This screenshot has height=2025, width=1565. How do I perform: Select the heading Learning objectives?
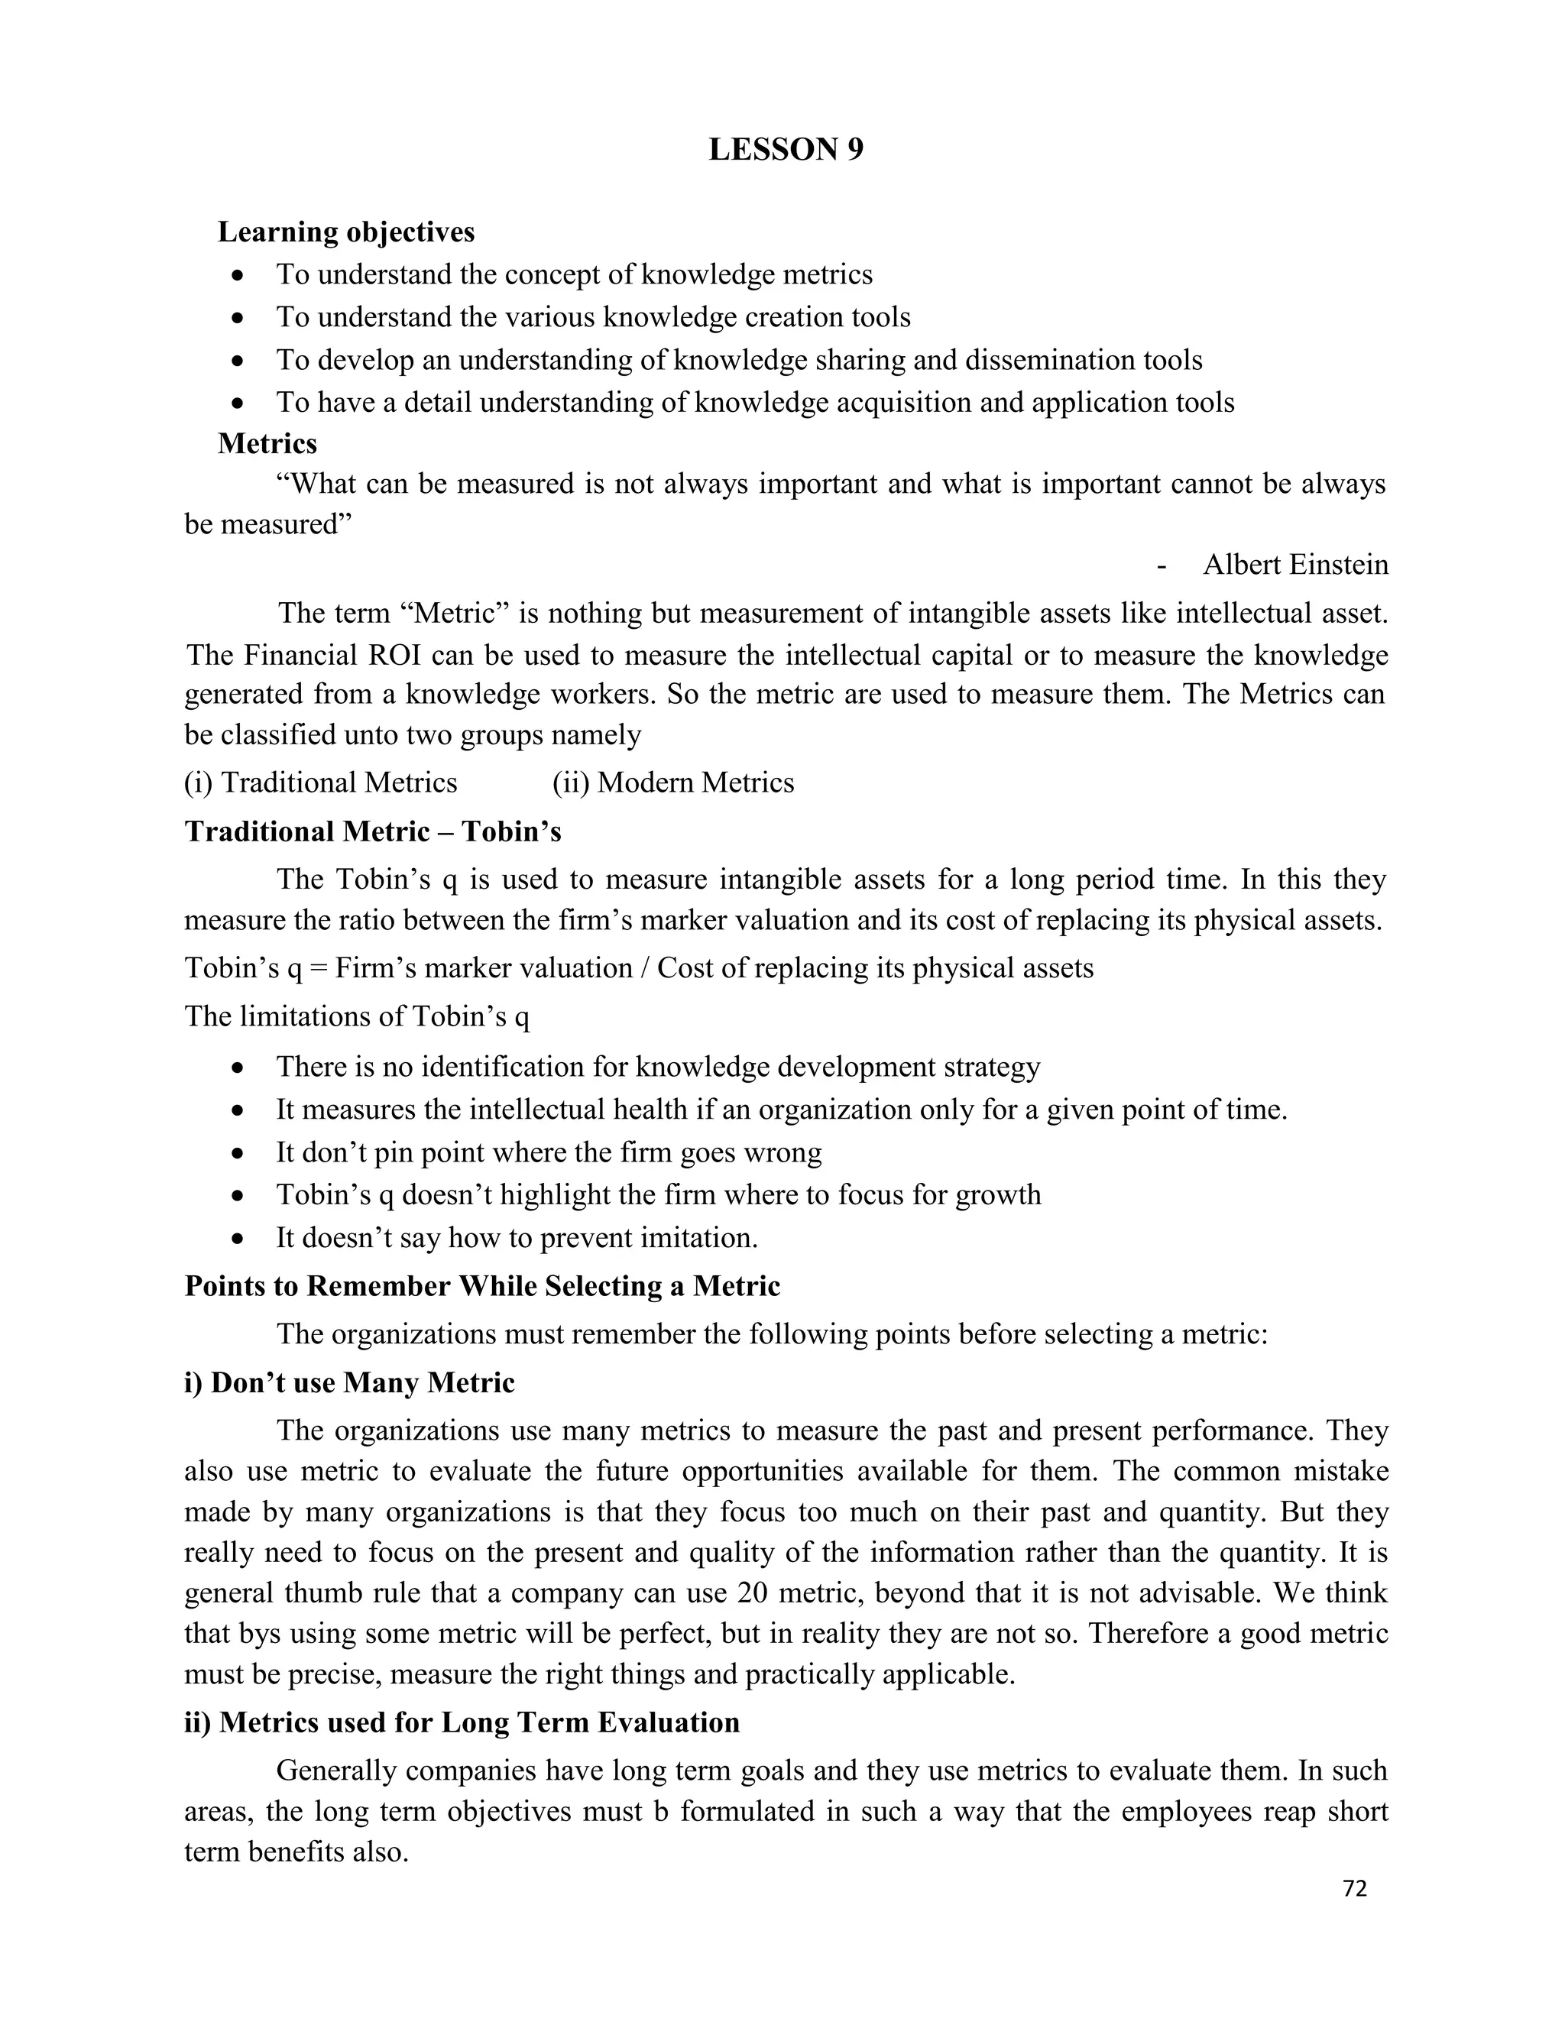(x=346, y=232)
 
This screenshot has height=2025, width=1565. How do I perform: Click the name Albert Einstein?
(x=1295, y=565)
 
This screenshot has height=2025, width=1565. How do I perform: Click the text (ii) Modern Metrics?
(x=673, y=782)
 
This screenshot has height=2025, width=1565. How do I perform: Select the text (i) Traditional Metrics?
(x=321, y=782)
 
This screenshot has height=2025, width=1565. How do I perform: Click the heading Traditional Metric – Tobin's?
(x=373, y=831)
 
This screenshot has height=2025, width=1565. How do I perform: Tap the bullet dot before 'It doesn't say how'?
(x=239, y=1239)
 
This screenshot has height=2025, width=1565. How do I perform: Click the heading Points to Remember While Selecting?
(x=482, y=1286)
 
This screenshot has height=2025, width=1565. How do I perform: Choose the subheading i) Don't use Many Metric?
(x=349, y=1382)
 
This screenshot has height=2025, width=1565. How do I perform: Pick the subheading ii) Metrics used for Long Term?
(x=462, y=1722)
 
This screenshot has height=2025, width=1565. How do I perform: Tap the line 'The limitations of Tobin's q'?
(x=357, y=1016)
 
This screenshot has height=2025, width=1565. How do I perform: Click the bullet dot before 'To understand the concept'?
(x=239, y=275)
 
